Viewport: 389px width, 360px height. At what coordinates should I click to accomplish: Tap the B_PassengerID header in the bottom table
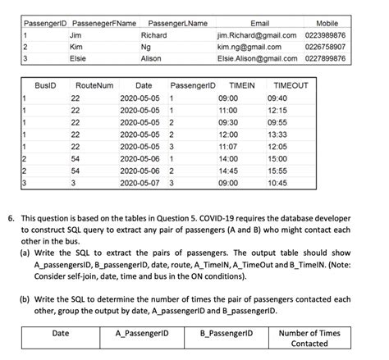(229, 333)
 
